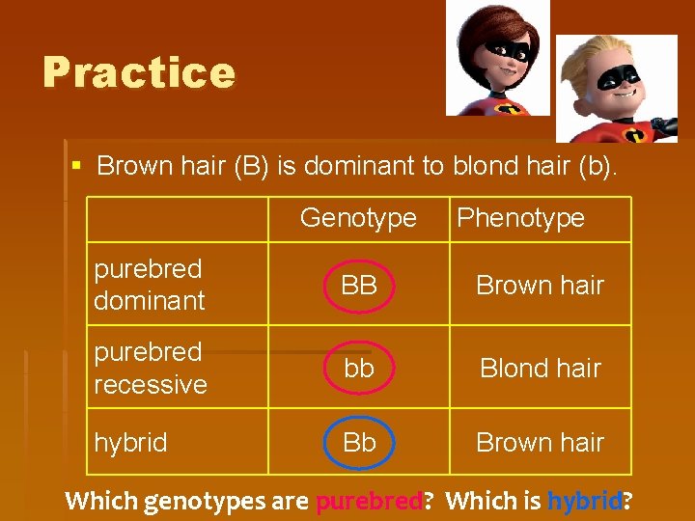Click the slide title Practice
[x=139, y=72]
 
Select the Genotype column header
[x=358, y=218]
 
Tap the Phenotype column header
[x=520, y=218]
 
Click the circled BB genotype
[x=359, y=285]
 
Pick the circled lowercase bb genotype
[x=359, y=368]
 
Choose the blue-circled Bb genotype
[x=359, y=442]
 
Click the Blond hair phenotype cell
[x=540, y=368]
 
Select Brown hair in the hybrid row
[x=540, y=442]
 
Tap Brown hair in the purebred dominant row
[x=540, y=285]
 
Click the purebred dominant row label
[x=149, y=285]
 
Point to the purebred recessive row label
[x=150, y=368]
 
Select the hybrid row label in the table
[x=130, y=442]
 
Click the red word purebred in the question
[x=368, y=501]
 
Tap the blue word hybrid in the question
[x=585, y=501]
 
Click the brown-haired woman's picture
[x=496, y=58]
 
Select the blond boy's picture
[x=618, y=89]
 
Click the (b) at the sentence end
[x=598, y=166]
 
